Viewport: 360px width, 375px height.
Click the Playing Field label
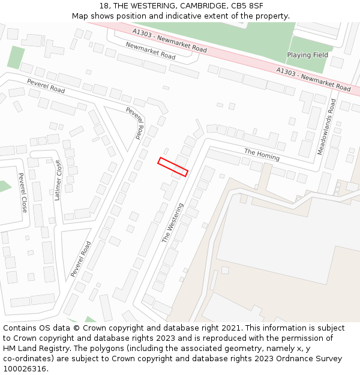coord(307,55)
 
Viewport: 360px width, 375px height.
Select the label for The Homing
coord(262,154)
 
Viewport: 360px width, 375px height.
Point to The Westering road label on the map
coord(173,223)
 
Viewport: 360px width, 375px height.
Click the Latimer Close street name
coord(58,180)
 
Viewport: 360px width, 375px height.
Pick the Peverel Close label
coord(23,193)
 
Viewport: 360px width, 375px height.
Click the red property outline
coord(173,167)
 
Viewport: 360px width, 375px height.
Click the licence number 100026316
coord(25,368)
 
